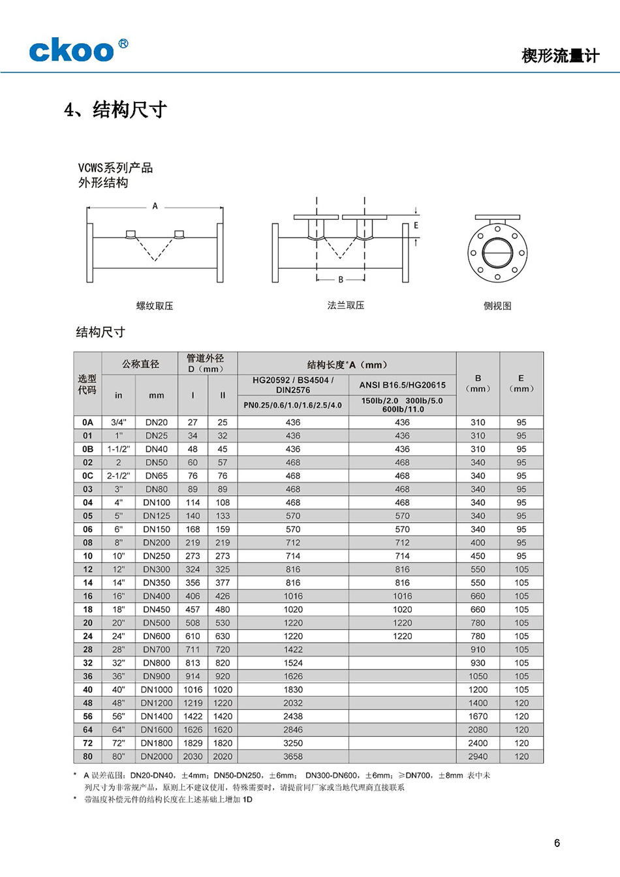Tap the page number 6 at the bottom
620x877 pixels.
(557, 843)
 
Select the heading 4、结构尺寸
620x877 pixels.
(116, 110)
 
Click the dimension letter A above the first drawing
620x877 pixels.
(155, 206)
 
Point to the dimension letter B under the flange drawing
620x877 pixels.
(341, 279)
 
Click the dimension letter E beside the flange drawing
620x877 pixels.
(416, 226)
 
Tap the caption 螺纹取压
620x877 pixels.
(155, 306)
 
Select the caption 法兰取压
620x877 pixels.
(346, 305)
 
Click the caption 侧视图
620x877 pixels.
(497, 306)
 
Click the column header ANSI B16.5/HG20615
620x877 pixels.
(402, 385)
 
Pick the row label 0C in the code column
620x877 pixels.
(87, 476)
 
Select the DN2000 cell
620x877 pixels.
(157, 756)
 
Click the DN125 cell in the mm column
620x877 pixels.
(157, 515)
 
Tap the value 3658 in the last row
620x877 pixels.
(293, 756)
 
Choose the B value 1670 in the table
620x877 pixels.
(478, 716)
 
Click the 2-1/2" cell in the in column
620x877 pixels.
(119, 476)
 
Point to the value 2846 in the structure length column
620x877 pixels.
(293, 730)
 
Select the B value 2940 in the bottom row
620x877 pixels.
(478, 756)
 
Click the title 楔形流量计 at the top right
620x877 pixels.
(560, 56)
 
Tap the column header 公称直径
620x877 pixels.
(140, 364)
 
